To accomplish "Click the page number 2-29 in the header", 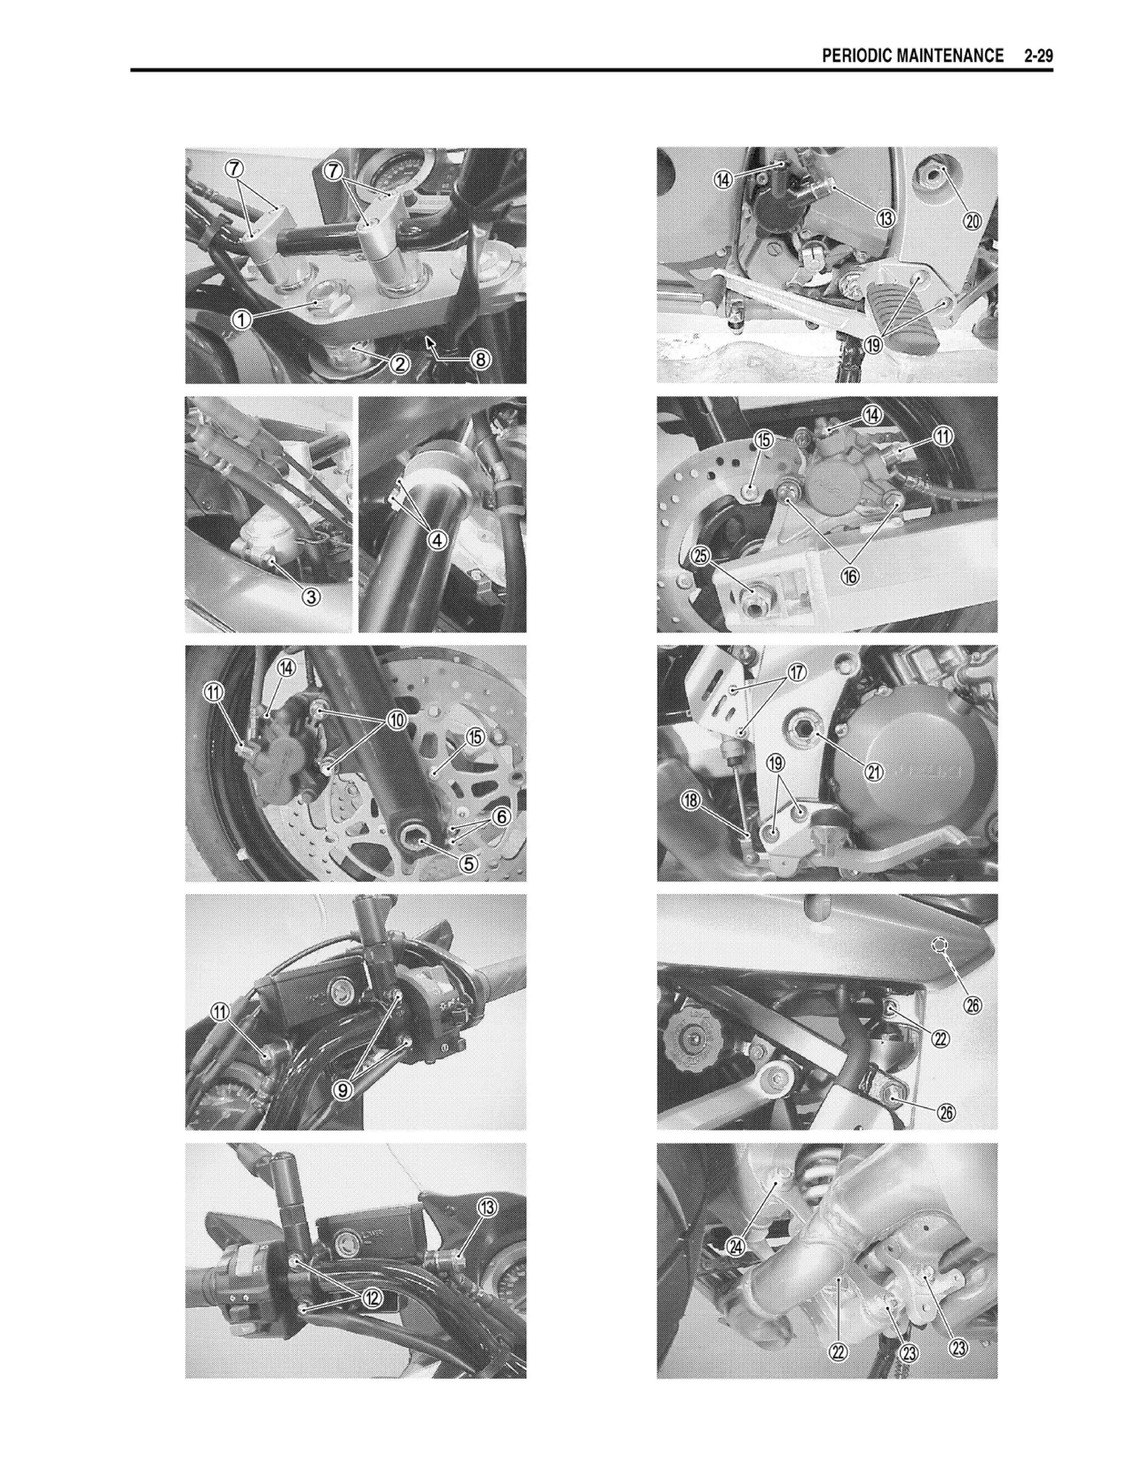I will pyautogui.click(x=1038, y=56).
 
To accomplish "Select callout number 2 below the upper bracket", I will pyautogui.click(x=399, y=364).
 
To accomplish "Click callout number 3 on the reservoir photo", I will pyautogui.click(x=311, y=595).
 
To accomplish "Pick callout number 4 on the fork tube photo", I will pyautogui.click(x=437, y=540).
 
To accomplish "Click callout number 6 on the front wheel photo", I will pyautogui.click(x=502, y=817).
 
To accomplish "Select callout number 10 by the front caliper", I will pyautogui.click(x=396, y=720).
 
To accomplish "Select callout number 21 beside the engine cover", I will pyautogui.click(x=874, y=772).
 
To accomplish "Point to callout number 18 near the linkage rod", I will pyautogui.click(x=691, y=800).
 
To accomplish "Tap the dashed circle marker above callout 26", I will pyautogui.click(x=940, y=945).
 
